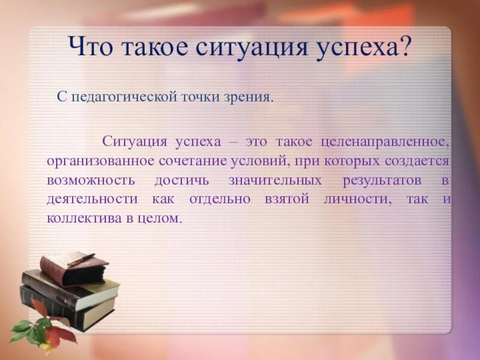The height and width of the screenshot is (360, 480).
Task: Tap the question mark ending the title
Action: click(x=405, y=47)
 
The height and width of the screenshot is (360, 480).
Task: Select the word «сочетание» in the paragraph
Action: click(x=188, y=161)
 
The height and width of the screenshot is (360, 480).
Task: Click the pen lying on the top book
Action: click(x=80, y=259)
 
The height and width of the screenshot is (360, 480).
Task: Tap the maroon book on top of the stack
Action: click(x=72, y=268)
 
